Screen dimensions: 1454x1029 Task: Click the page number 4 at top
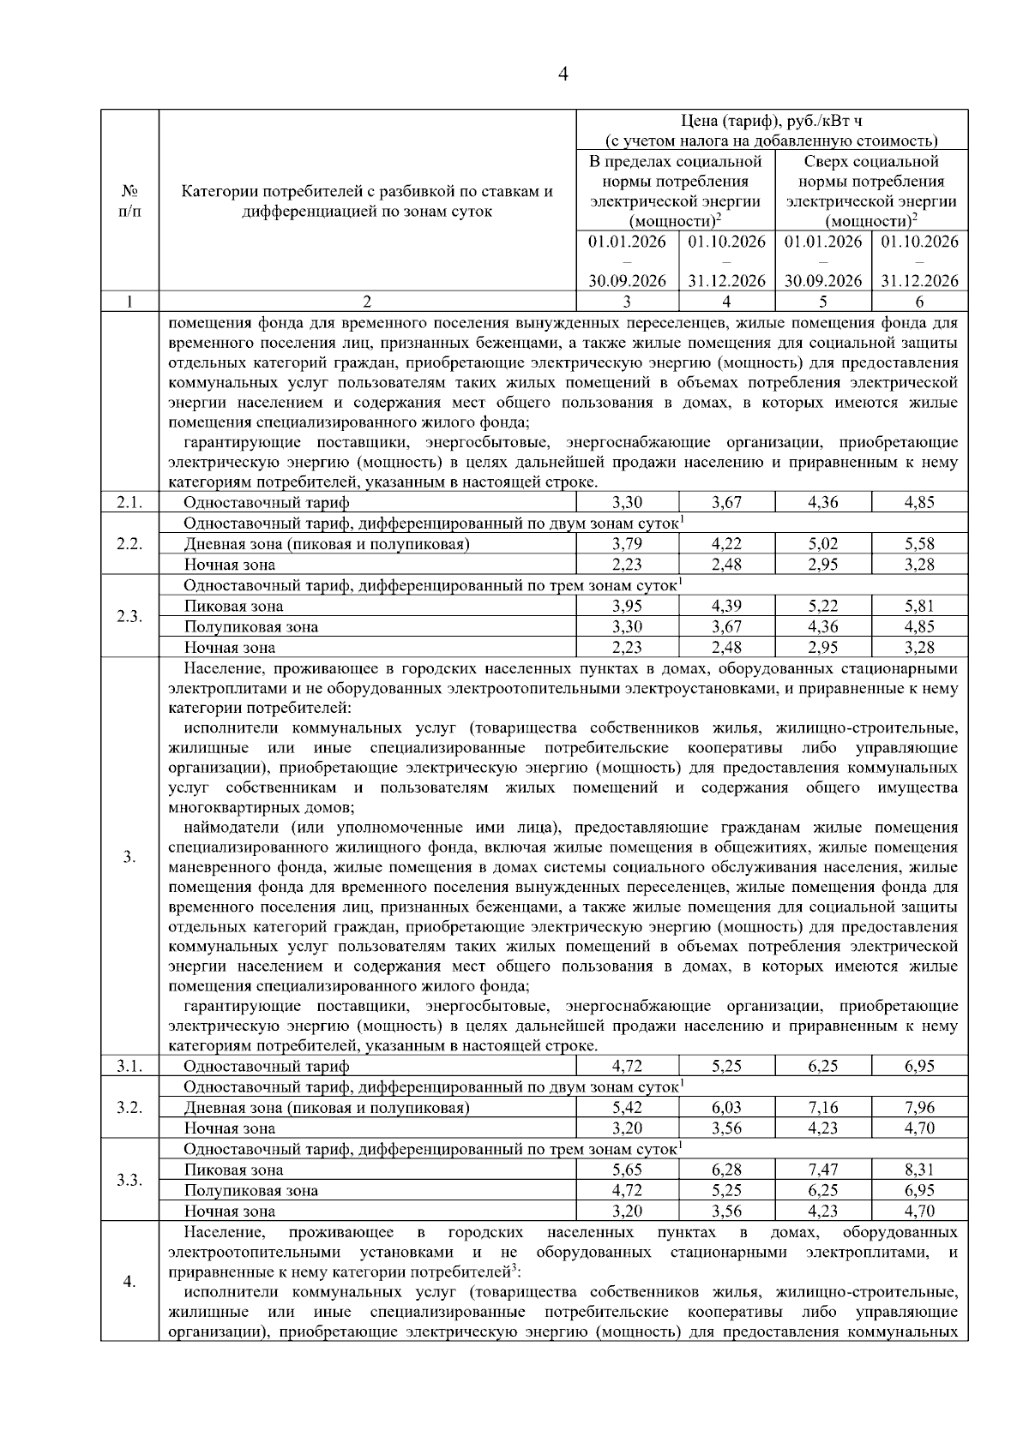pyautogui.click(x=563, y=75)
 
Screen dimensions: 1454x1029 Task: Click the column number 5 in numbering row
pyautogui.click(x=822, y=302)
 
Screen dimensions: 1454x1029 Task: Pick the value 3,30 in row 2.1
pyautogui.click(x=628, y=503)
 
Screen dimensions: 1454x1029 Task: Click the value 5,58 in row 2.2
pyautogui.click(x=919, y=544)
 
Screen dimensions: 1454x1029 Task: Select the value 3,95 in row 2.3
pyautogui.click(x=628, y=607)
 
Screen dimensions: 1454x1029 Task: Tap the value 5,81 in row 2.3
pyautogui.click(x=919, y=607)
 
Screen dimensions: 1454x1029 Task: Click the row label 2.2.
pyautogui.click(x=129, y=544)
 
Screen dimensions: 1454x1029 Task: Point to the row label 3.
pyautogui.click(x=129, y=857)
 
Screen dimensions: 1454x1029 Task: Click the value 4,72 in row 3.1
pyautogui.click(x=628, y=1067)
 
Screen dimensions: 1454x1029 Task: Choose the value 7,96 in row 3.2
pyautogui.click(x=919, y=1108)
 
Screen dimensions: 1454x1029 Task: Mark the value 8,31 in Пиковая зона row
pyautogui.click(x=919, y=1170)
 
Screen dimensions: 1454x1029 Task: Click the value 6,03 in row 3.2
pyautogui.click(x=726, y=1108)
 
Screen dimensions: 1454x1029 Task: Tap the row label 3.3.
pyautogui.click(x=129, y=1181)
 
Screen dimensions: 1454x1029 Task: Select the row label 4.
pyautogui.click(x=129, y=1282)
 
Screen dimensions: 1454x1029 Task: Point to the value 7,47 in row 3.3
pyautogui.click(x=822, y=1170)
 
